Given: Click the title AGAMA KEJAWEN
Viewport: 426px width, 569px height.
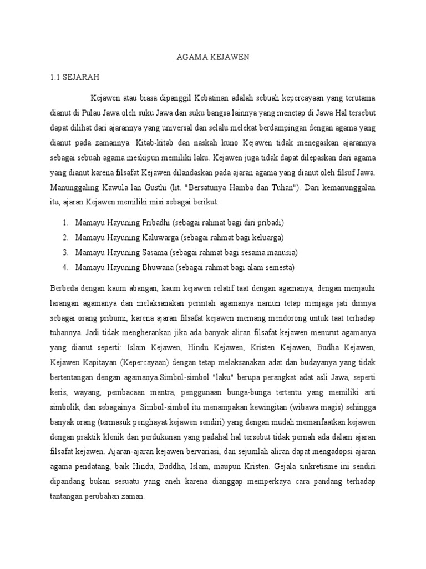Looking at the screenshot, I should [x=212, y=57].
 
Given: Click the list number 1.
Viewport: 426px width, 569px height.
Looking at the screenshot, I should [x=65, y=223].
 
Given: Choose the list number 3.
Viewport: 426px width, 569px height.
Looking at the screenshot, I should [x=65, y=252].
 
